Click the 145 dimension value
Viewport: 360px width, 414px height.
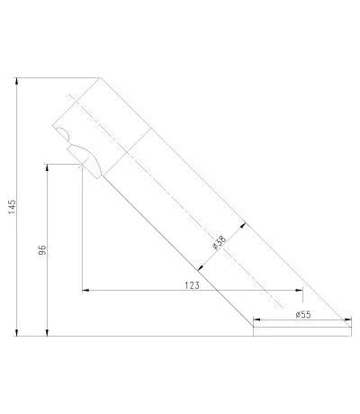click(x=12, y=207)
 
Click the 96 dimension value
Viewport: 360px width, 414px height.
click(x=42, y=250)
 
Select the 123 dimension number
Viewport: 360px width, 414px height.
click(x=192, y=285)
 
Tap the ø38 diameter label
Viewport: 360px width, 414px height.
click(x=219, y=243)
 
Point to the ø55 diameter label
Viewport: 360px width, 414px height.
click(x=303, y=314)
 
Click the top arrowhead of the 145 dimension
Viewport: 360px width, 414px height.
click(x=17, y=81)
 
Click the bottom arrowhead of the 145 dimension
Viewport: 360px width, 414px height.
click(x=17, y=332)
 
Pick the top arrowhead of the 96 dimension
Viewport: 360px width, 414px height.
click(x=47, y=167)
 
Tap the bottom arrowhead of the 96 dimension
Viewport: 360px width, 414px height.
click(x=47, y=332)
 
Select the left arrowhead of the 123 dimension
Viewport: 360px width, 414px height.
click(x=85, y=290)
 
